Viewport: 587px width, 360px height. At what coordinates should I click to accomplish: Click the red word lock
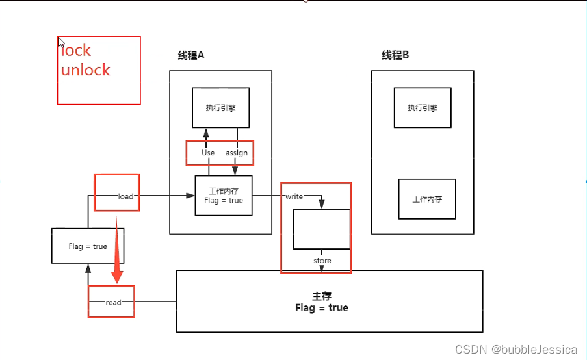coord(77,51)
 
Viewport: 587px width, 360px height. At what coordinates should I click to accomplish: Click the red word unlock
coord(86,70)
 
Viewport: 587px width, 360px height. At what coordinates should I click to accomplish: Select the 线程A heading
coord(191,56)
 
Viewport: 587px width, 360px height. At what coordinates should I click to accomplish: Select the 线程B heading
coord(395,56)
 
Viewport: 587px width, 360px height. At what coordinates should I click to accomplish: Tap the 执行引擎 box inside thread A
coord(220,108)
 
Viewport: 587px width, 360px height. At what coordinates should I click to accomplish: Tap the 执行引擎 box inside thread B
coord(423,108)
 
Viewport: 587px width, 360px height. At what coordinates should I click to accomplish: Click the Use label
coord(208,153)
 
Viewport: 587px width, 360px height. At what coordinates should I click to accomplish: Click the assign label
coord(237,153)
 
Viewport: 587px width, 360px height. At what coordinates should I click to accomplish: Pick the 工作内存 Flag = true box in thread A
coord(224,196)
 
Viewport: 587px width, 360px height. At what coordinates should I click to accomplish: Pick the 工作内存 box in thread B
coord(427,199)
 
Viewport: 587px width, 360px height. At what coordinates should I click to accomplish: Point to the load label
coord(125,196)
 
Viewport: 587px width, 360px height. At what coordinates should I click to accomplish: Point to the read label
coord(113,302)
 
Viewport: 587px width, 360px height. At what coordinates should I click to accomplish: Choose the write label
coord(294,196)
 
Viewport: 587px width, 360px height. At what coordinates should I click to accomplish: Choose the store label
coord(322,261)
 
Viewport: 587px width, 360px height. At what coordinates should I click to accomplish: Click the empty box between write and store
coord(321,229)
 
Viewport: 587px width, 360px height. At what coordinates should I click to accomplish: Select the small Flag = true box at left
coord(88,246)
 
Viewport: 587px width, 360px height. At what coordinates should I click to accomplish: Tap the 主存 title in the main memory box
coord(322,296)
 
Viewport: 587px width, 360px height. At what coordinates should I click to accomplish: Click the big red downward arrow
coord(117,253)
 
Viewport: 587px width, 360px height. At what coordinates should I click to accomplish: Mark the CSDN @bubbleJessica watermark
coord(516,350)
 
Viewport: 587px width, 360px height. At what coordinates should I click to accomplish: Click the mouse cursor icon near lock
coord(61,42)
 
